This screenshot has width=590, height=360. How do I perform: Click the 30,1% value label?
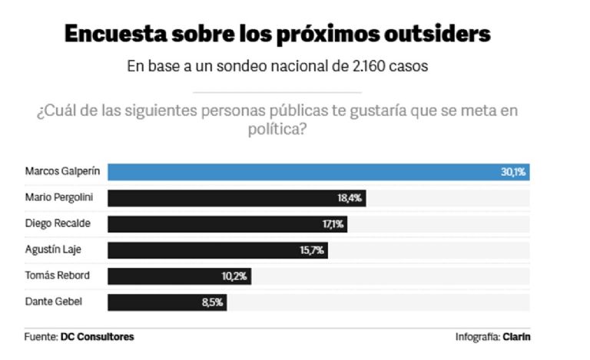[513, 172]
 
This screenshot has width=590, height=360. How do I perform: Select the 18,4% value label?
[350, 198]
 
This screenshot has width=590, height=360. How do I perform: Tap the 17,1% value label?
[333, 224]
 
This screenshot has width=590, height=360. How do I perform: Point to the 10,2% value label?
[235, 276]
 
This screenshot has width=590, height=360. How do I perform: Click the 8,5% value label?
[212, 302]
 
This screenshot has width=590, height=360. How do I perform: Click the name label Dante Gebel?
[54, 302]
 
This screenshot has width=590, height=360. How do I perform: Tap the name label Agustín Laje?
[52, 249]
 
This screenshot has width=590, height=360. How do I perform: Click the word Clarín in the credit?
[517, 337]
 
